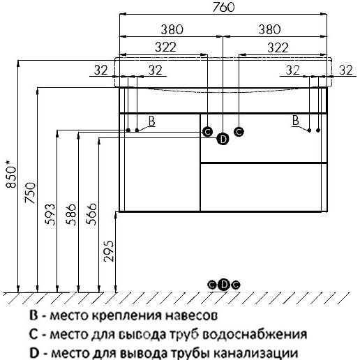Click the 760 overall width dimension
(223, 7)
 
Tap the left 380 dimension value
(172, 29)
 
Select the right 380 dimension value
(269, 29)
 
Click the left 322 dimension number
(165, 47)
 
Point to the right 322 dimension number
(278, 47)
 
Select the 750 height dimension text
(31, 193)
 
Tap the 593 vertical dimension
(50, 214)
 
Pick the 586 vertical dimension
(70, 214)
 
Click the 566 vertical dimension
(91, 214)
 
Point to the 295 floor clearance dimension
(109, 251)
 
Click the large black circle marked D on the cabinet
(223, 139)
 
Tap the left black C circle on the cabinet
(207, 132)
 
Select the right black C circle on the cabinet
(239, 132)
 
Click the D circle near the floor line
(223, 285)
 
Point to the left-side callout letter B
(151, 121)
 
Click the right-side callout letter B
(295, 121)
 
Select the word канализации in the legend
(255, 353)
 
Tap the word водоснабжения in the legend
(255, 335)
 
